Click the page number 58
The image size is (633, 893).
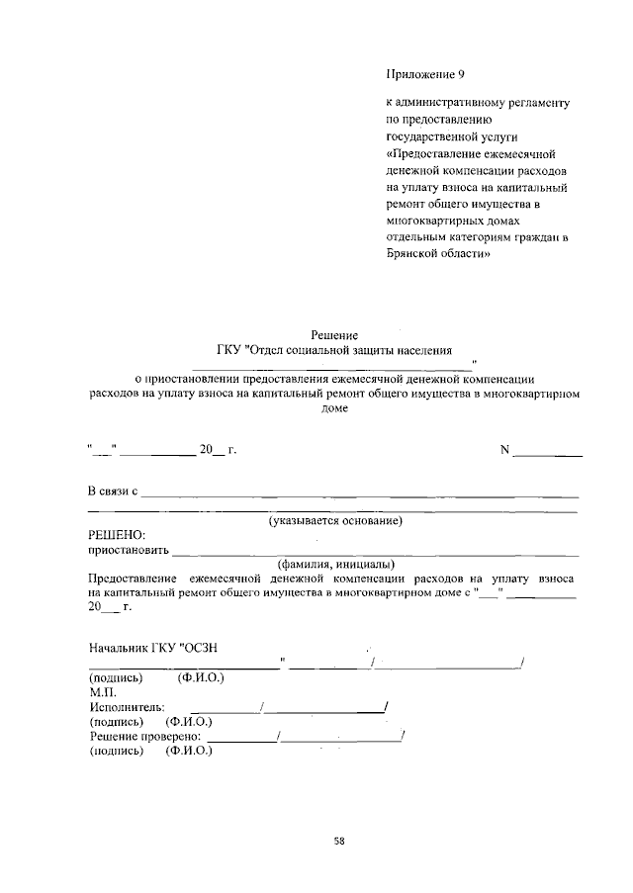[339, 841]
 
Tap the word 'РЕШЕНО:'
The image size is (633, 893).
[117, 534]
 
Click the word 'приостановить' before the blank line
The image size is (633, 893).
[130, 549]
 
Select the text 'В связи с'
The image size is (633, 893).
[113, 491]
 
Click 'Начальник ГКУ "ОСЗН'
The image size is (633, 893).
[153, 648]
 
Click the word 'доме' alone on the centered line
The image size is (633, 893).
[335, 408]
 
